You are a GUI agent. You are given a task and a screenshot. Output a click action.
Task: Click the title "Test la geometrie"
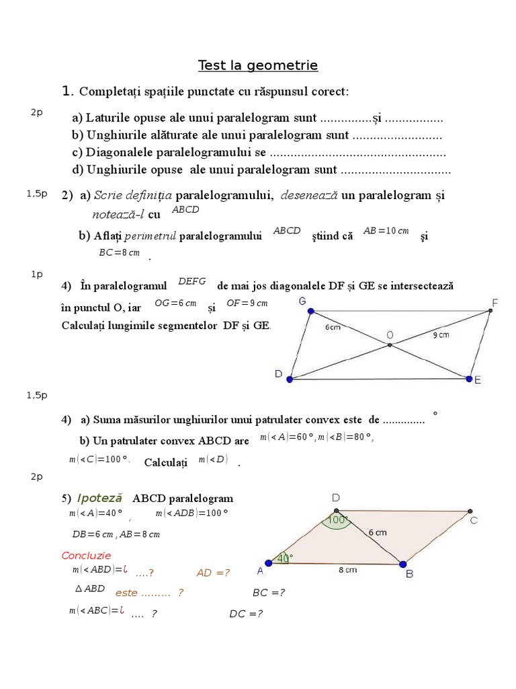[x=258, y=65]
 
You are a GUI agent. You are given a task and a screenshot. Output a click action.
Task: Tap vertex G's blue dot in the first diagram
[x=310, y=311]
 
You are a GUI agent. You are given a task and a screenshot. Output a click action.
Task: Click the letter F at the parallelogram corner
[x=495, y=303]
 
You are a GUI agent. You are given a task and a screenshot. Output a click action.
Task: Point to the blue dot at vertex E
[x=469, y=379]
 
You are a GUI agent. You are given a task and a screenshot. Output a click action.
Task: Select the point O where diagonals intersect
[x=389, y=346]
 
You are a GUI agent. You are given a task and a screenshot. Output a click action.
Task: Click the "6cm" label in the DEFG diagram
[x=333, y=328]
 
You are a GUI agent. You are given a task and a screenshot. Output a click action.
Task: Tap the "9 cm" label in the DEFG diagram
[x=440, y=334]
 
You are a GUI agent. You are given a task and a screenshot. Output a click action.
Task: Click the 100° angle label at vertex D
[x=337, y=520]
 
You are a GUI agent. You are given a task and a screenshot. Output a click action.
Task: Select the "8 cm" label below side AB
[x=347, y=570]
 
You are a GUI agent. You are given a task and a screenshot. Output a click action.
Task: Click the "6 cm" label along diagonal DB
[x=378, y=532]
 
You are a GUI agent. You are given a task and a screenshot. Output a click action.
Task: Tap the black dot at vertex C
[x=468, y=511]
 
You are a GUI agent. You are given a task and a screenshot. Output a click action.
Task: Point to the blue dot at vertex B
[x=403, y=564]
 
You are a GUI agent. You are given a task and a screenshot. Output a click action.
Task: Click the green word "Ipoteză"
[x=99, y=498]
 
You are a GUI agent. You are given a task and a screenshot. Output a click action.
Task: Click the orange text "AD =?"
[x=213, y=573]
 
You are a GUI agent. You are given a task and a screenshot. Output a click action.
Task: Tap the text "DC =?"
[x=246, y=614]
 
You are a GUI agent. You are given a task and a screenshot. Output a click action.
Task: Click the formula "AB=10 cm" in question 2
[x=386, y=231]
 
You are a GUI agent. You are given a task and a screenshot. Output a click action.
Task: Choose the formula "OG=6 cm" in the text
[x=175, y=303]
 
